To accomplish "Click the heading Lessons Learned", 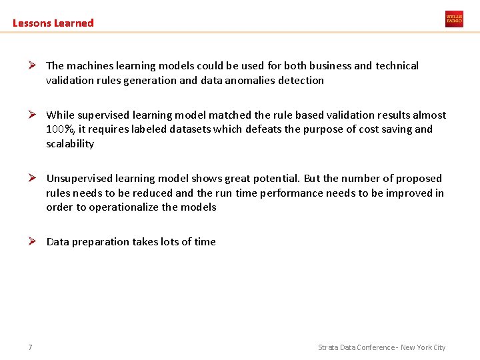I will coord(53,23).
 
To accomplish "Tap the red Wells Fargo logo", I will coord(454,19).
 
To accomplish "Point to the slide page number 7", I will coord(31,347).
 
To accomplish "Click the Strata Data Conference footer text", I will coord(381,347).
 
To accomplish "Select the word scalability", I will coord(70,144).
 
